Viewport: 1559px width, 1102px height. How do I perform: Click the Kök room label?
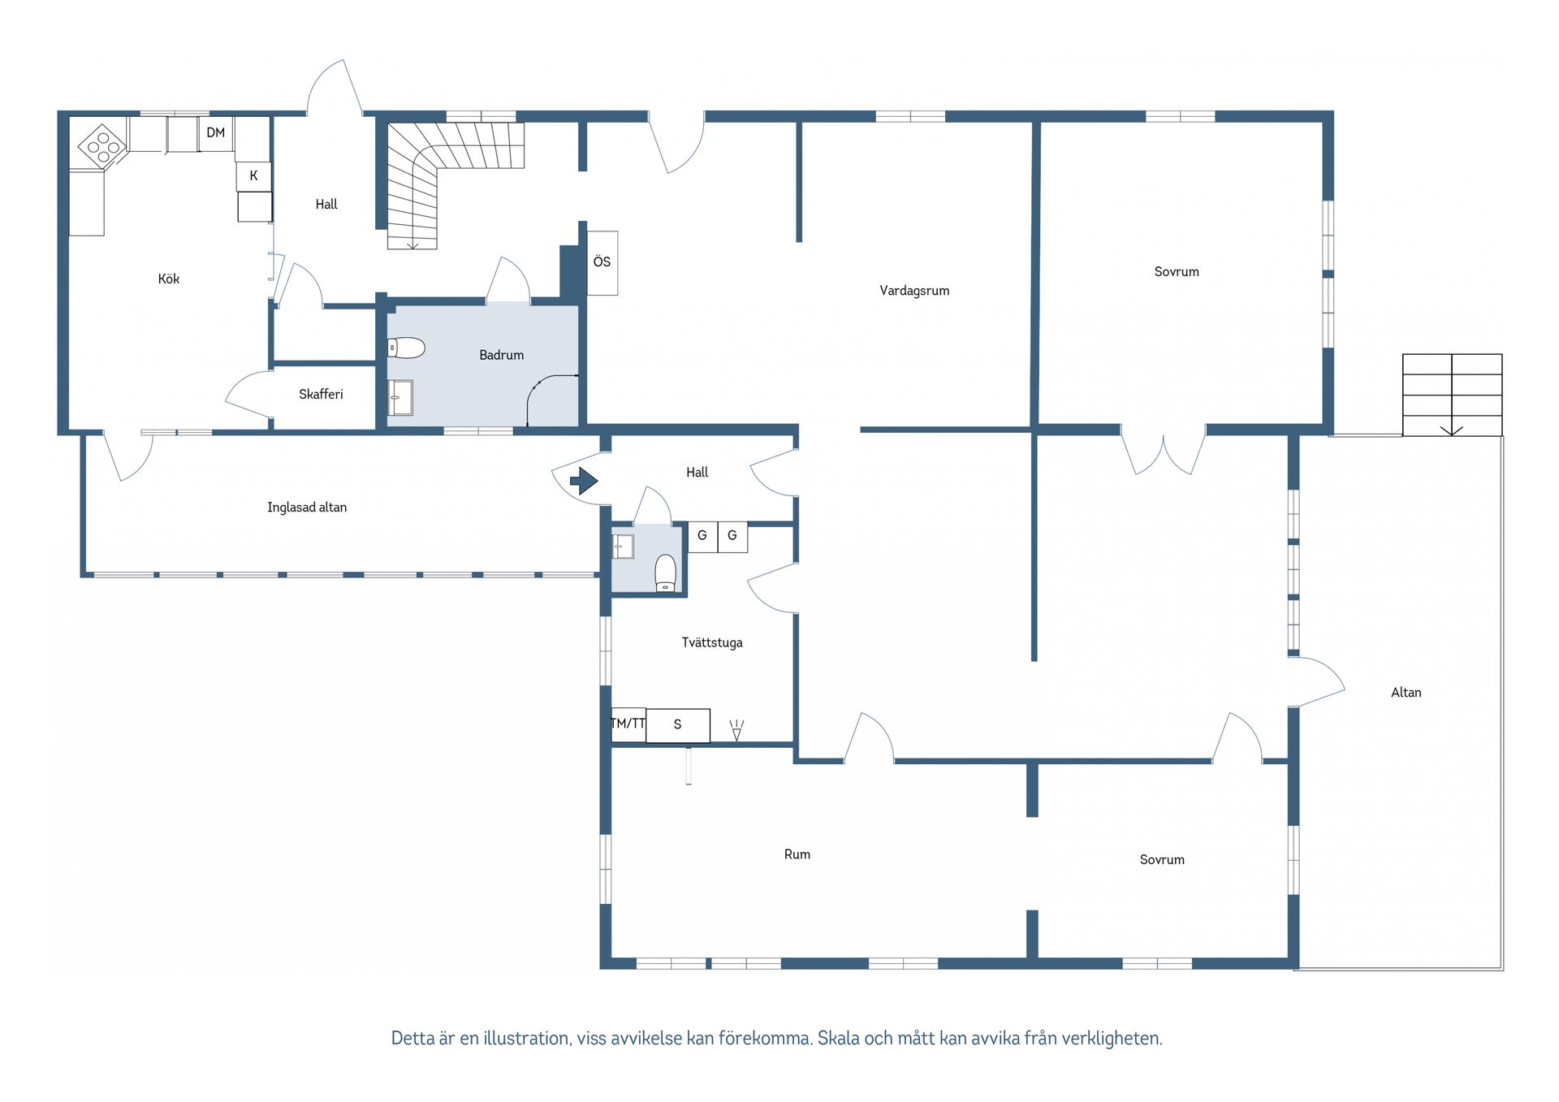coord(169,279)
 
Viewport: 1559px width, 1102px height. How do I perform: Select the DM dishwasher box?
coord(216,133)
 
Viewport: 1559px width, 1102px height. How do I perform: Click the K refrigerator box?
coord(253,175)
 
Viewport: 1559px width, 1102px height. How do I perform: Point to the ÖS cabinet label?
coord(602,261)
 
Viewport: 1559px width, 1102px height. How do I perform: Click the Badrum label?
coord(501,355)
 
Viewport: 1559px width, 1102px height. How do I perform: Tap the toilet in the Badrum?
coord(406,348)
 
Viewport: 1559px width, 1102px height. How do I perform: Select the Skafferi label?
coord(321,394)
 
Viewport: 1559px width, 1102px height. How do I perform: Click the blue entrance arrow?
coord(584,481)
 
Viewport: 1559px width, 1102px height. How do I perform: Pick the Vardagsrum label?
coord(914,291)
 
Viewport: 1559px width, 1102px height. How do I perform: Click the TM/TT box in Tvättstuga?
coord(628,724)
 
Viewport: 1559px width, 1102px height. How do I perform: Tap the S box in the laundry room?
coord(678,725)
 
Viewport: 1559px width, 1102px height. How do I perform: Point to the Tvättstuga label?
coord(712,642)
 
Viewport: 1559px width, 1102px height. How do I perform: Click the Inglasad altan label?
coord(307,508)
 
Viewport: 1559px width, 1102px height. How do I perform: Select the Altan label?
coord(1406,693)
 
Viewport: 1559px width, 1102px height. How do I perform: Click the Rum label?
coord(797,854)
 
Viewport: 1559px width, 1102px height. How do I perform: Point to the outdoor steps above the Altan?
coord(1452,395)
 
